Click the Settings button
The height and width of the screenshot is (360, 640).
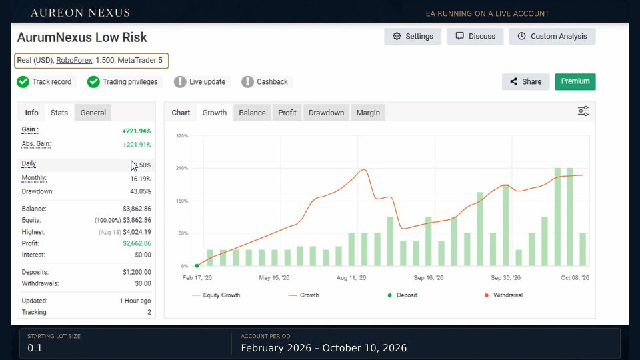point(413,36)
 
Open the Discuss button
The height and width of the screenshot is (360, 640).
point(475,36)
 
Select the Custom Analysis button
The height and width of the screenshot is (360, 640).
point(552,36)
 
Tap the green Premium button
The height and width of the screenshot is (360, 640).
point(575,81)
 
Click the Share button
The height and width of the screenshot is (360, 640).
point(526,81)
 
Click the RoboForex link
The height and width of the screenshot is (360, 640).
point(74,61)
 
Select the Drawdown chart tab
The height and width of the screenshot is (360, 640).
point(326,113)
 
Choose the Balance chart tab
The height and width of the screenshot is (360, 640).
point(252,113)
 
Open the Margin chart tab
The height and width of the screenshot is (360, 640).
point(368,113)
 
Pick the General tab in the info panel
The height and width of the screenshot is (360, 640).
point(93,113)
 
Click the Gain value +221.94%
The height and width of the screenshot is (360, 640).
point(137,131)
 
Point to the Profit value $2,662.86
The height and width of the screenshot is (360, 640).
point(137,243)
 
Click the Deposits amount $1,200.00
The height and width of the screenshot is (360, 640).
point(137,272)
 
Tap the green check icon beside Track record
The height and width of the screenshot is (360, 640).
point(23,82)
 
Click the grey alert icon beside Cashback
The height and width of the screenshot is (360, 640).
point(247,82)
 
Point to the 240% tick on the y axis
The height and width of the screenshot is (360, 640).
point(182,168)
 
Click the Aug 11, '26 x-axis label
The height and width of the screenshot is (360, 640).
point(351,278)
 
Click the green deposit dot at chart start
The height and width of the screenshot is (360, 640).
point(197,266)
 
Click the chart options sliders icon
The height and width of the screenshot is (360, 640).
point(583,111)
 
